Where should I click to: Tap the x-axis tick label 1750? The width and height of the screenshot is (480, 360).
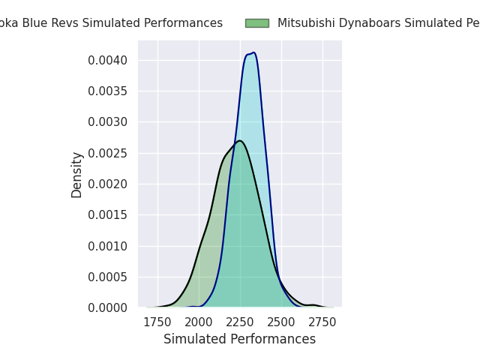click(157, 322)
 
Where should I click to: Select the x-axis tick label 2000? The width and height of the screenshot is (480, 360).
click(199, 322)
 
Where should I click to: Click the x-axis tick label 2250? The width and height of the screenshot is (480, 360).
click(240, 322)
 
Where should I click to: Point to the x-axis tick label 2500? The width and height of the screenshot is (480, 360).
click(281, 322)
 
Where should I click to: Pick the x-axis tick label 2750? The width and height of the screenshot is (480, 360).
click(322, 322)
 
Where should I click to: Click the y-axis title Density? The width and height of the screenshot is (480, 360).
click(77, 175)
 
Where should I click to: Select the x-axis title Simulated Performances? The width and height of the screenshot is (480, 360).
click(240, 340)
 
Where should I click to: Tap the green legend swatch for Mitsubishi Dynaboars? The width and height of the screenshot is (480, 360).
click(256, 23)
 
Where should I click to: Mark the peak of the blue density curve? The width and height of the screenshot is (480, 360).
click(253, 52)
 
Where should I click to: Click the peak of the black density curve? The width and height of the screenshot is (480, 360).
click(239, 141)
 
